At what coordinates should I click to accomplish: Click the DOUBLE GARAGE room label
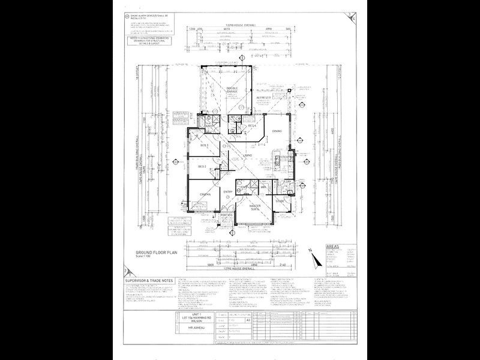(233, 91)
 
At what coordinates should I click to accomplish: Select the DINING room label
(277, 131)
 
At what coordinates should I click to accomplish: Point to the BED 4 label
(253, 125)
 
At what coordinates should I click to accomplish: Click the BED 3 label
(204, 146)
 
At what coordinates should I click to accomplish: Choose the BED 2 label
(202, 166)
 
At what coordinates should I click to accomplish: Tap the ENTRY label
(228, 191)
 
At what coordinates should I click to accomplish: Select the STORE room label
(280, 201)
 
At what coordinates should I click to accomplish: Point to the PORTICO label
(226, 215)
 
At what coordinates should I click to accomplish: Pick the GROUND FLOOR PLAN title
(148, 254)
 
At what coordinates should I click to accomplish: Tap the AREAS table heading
(334, 247)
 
